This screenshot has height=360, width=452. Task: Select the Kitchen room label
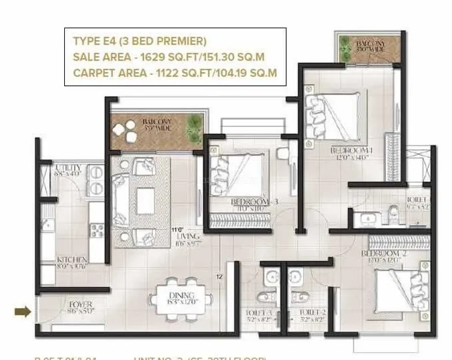click(73, 259)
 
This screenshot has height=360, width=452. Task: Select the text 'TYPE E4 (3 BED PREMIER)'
click(139, 41)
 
